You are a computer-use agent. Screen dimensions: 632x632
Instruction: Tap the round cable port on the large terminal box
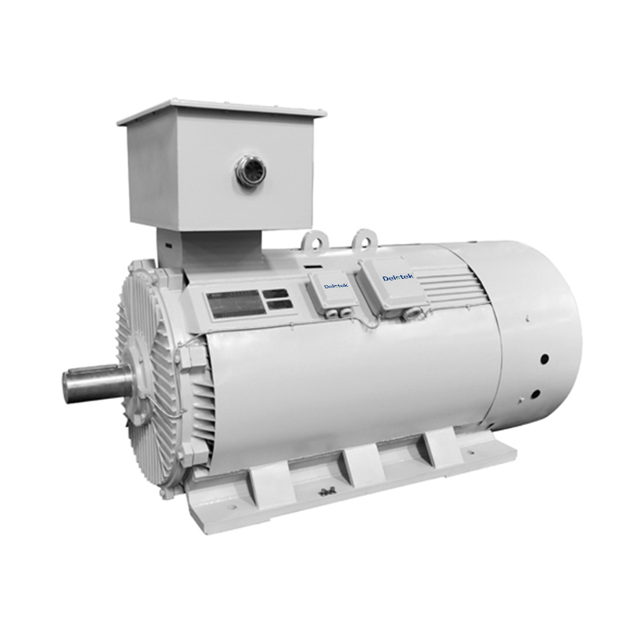coord(250,171)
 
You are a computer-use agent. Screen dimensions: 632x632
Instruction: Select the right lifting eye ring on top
coord(364,238)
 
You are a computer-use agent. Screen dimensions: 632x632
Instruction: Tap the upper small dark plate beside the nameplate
coord(276,293)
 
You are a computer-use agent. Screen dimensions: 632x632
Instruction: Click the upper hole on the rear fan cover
coord(544,359)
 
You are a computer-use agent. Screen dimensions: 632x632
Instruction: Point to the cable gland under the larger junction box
coord(410,314)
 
